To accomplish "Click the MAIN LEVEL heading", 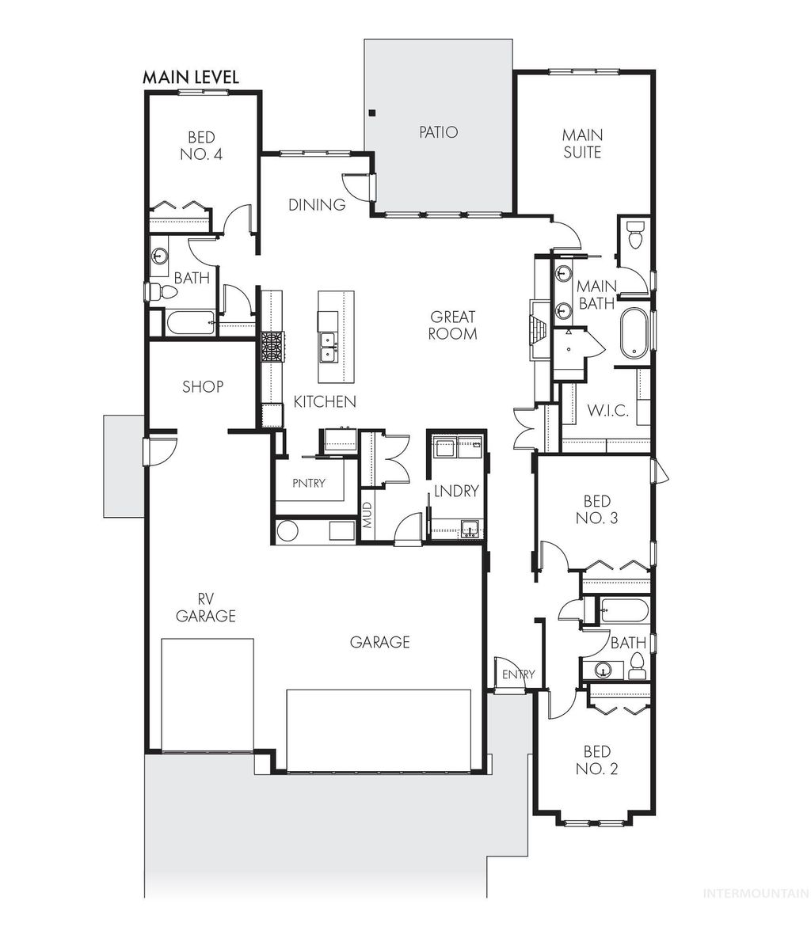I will [190, 78].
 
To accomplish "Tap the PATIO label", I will [438, 132].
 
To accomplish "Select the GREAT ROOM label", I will [452, 325].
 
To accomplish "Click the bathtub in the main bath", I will [634, 334].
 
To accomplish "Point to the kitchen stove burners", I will [272, 347].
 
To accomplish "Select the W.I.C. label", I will [607, 411].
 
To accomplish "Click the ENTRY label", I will [519, 674].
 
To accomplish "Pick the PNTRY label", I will [308, 484].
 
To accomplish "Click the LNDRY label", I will [455, 492].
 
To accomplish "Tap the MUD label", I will [367, 515].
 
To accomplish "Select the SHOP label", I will [203, 386].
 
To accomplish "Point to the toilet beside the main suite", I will [635, 234].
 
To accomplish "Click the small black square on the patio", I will [371, 112].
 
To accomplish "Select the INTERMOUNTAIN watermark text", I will [756, 893].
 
